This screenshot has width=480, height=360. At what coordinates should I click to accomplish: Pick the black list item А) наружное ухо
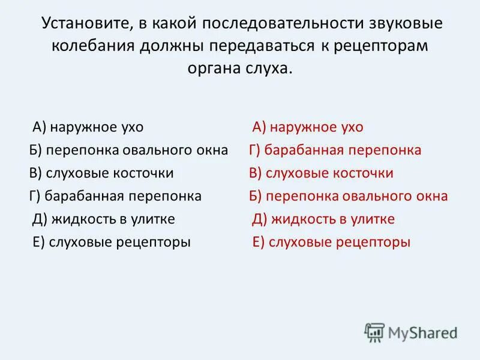point(88,127)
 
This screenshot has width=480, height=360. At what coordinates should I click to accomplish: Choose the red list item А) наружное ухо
point(308,127)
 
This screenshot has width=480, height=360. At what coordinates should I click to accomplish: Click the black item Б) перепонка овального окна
point(129,150)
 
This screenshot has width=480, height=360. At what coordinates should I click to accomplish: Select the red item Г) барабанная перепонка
point(335,150)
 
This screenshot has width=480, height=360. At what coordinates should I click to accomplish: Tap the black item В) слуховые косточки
point(101,173)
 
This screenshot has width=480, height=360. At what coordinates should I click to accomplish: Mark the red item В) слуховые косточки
point(321,173)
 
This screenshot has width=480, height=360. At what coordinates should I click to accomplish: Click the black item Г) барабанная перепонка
point(115,196)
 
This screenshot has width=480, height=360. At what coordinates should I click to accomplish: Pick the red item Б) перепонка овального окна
point(349,196)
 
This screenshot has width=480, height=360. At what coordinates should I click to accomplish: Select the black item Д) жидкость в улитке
point(103,219)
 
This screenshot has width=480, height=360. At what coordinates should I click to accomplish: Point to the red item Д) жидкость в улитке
point(323,219)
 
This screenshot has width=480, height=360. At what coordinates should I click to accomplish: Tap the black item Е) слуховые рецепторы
point(111,242)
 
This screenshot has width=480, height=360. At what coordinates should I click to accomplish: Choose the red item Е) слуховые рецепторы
point(331,242)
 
